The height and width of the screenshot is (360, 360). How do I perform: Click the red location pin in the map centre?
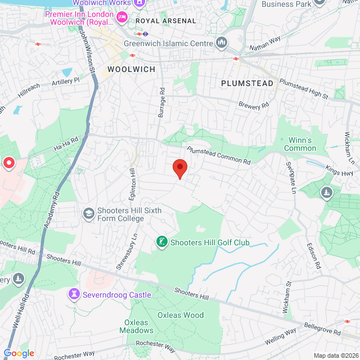click(x=179, y=168)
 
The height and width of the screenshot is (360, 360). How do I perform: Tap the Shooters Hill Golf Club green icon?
click(x=161, y=242)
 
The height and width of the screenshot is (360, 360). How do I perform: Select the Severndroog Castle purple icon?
click(x=74, y=294)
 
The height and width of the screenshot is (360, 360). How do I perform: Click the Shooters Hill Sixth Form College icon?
click(x=88, y=214)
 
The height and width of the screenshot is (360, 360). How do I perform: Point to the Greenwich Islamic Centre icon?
click(x=222, y=43)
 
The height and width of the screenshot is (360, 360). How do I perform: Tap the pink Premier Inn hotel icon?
click(x=121, y=17)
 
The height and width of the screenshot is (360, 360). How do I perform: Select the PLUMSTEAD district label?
click(x=247, y=83)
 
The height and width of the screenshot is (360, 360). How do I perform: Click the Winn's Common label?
click(x=300, y=144)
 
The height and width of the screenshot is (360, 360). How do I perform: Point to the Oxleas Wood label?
click(x=181, y=315)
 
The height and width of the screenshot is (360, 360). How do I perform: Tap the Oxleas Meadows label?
click(x=136, y=326)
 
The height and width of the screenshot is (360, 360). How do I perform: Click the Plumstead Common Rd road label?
click(x=218, y=156)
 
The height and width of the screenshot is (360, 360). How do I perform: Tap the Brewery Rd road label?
click(x=254, y=105)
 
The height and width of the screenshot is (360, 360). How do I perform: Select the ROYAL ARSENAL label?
click(x=166, y=21)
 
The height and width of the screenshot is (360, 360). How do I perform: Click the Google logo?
click(x=19, y=353)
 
